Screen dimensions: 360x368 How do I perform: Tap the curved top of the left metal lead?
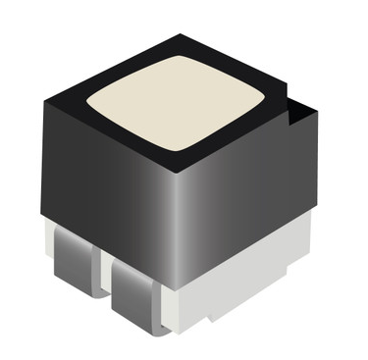click(69, 236)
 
